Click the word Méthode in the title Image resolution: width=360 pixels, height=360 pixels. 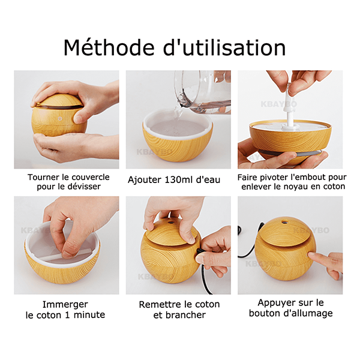[x=109, y=47]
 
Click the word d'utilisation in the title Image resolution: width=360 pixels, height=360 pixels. [x=224, y=47]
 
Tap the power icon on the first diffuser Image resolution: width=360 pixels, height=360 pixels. [x=60, y=118]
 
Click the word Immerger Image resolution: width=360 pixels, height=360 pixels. [x=65, y=305]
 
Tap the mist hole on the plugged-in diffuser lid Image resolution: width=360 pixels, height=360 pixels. [x=170, y=222]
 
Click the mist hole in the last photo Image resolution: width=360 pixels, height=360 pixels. [x=284, y=222]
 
